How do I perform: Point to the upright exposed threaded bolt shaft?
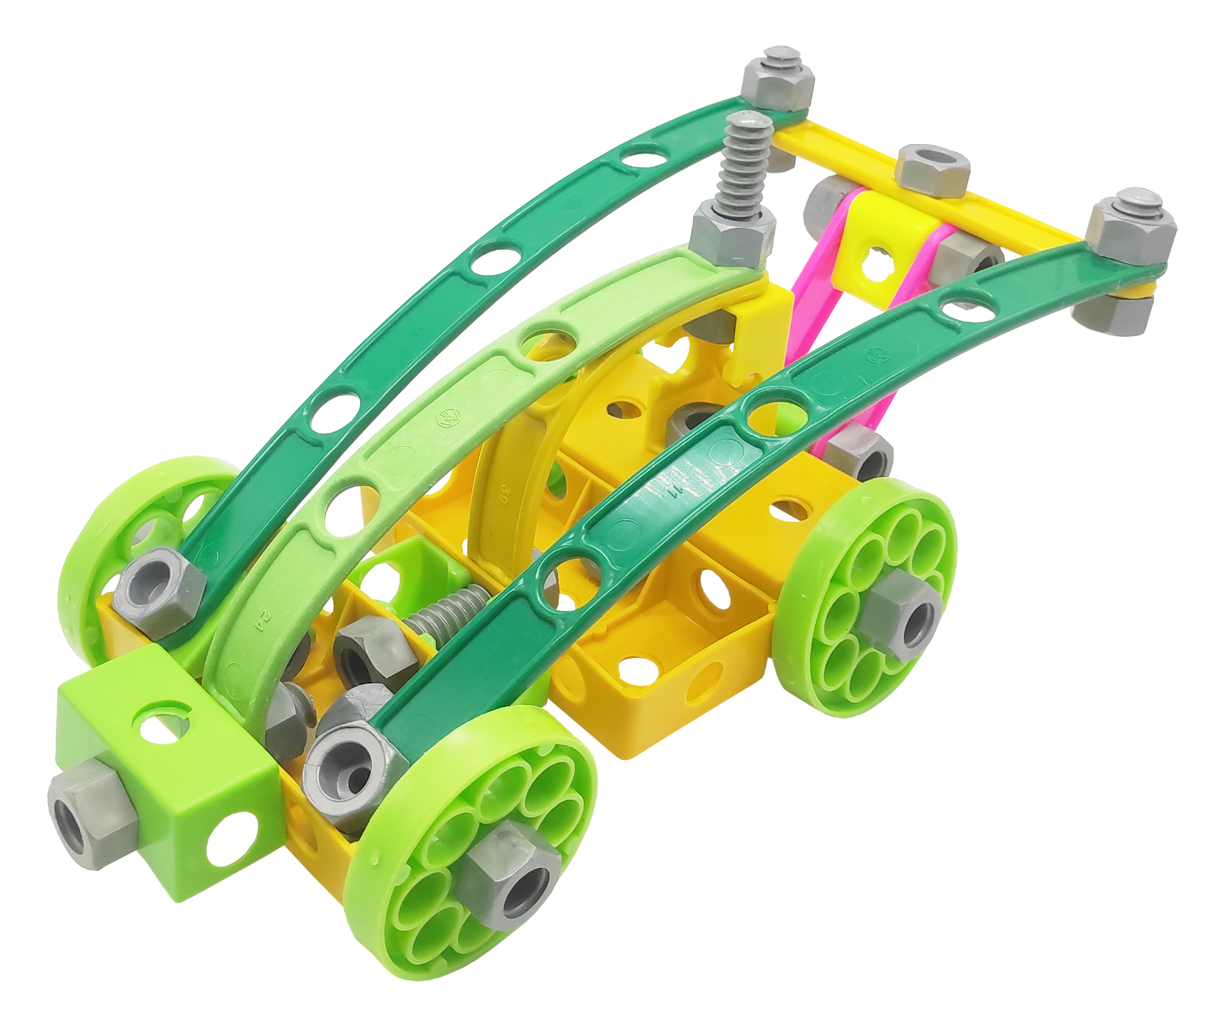[x=745, y=166]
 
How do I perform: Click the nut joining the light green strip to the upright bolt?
[x=731, y=233]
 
